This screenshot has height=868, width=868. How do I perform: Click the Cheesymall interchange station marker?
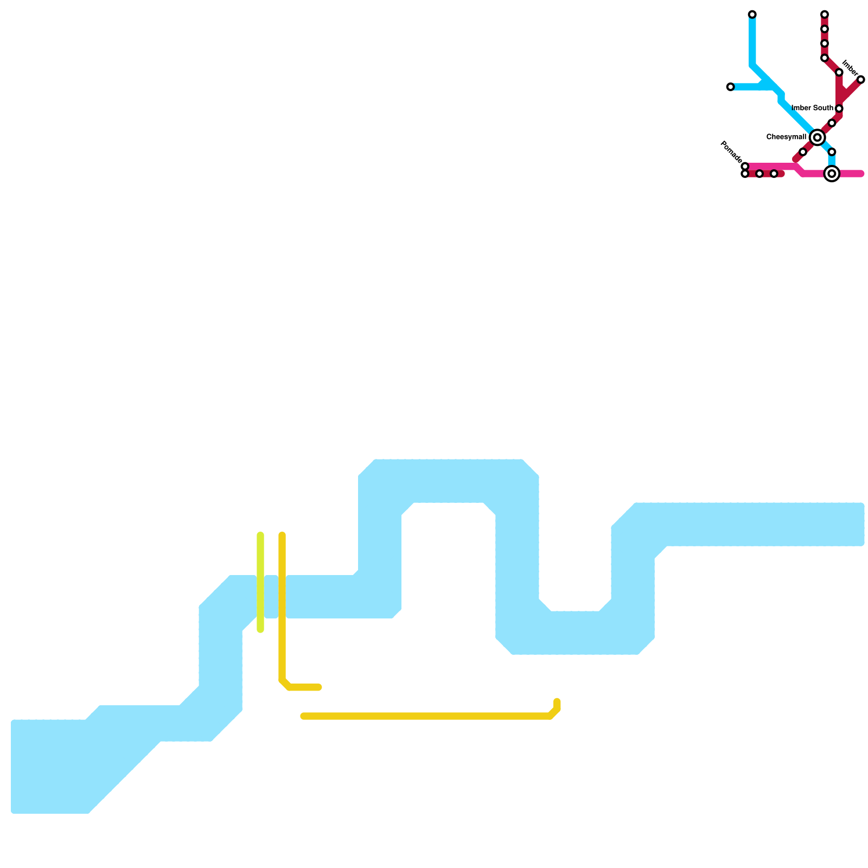pyautogui.click(x=817, y=137)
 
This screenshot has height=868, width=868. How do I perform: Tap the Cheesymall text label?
pyautogui.click(x=786, y=137)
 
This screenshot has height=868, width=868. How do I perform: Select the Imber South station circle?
pyautogui.click(x=839, y=108)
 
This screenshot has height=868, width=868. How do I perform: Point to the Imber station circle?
pyautogui.click(x=860, y=80)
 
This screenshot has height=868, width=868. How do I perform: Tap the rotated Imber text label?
pyautogui.click(x=850, y=68)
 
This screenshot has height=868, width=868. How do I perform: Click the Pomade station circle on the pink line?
pyautogui.click(x=745, y=166)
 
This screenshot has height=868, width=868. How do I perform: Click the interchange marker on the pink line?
pyautogui.click(x=832, y=174)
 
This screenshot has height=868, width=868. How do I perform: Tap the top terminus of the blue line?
pyautogui.click(x=752, y=14)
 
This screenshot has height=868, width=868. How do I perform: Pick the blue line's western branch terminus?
pyautogui.click(x=730, y=87)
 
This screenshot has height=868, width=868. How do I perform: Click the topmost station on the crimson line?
pyautogui.click(x=824, y=14)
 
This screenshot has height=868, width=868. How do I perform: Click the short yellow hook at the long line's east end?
pyautogui.click(x=557, y=705)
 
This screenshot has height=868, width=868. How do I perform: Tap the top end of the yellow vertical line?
pyautogui.click(x=282, y=536)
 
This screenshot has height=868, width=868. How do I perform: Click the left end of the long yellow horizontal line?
pyautogui.click(x=304, y=716)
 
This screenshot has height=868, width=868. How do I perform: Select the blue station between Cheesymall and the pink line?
pyautogui.click(x=832, y=152)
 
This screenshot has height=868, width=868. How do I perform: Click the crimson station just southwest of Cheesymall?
pyautogui.click(x=803, y=152)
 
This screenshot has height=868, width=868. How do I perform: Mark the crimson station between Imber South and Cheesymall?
pyautogui.click(x=832, y=123)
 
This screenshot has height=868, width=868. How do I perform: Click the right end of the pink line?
pyautogui.click(x=860, y=174)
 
